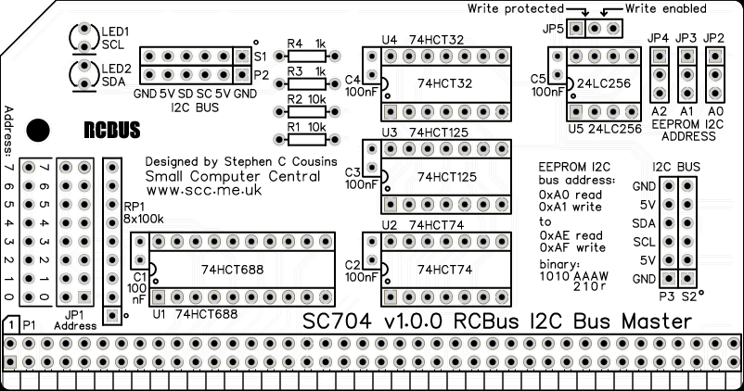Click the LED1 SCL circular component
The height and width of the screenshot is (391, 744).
tap(84, 38)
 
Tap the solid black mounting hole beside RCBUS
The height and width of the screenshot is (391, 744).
tap(38, 129)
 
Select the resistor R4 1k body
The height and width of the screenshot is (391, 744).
tap(305, 57)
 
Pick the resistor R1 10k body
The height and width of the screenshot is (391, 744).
tap(305, 140)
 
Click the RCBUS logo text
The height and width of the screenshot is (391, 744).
tap(111, 129)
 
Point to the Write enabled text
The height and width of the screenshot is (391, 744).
tap(666, 9)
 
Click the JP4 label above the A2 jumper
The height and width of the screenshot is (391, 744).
tap(660, 38)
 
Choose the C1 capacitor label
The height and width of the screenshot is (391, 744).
tap(139, 276)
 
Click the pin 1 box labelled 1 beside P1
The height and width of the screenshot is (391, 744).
tap(9, 325)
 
